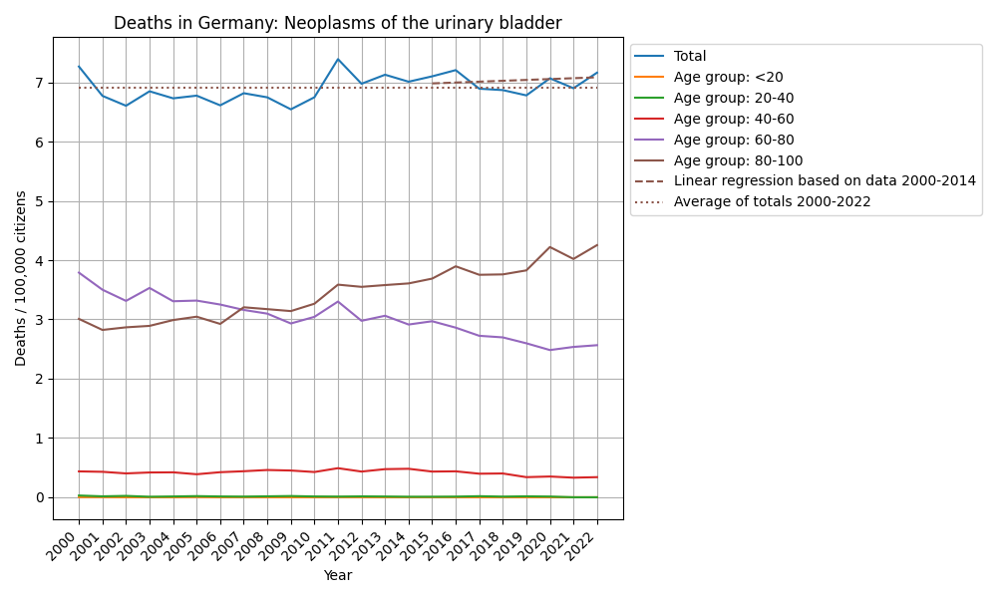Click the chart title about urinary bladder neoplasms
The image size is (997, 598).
(338, 23)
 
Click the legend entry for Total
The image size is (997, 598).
(690, 56)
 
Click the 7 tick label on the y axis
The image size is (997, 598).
(41, 83)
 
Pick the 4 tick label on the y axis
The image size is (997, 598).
(41, 261)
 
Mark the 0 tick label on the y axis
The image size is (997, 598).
(41, 497)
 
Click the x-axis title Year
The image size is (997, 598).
(338, 575)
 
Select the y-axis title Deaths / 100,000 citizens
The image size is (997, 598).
(21, 278)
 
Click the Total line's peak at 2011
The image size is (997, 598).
(338, 60)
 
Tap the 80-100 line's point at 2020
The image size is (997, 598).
(550, 247)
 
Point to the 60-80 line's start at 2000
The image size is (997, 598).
(79, 272)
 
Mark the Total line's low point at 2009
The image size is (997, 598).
(291, 110)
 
